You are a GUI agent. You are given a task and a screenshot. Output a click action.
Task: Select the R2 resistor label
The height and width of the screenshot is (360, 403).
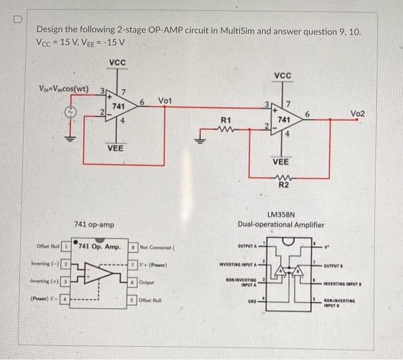point(284,185)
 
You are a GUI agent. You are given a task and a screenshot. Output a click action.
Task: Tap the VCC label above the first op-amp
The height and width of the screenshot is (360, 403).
point(117,62)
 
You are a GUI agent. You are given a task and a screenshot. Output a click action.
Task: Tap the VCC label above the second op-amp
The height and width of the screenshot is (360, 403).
point(283,75)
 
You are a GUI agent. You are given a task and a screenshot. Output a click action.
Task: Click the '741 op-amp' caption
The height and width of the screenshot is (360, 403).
point(94,223)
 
